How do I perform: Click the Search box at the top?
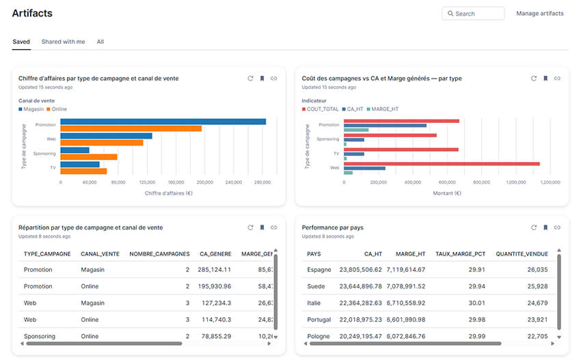coord(473,14)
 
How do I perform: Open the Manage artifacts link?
coord(539,14)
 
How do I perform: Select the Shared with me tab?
coord(63,42)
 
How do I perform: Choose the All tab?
coord(100,42)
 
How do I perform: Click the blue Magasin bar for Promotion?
coord(163,122)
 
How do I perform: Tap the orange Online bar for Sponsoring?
coord(89,157)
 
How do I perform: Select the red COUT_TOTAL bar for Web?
coord(442,164)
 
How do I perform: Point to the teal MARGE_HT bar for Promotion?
coord(356,130)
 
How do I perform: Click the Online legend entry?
coord(57,109)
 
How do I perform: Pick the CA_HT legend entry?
coord(353,109)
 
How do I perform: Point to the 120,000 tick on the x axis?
coord(147,182)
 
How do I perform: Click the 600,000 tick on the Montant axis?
coord(447,182)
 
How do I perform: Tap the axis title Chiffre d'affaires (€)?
coord(169,193)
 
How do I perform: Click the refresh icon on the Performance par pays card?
coord(534,227)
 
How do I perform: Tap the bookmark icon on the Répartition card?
coord(262,227)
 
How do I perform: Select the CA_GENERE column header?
coord(215,254)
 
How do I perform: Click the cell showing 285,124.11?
coord(214,270)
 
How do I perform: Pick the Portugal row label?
coord(319,320)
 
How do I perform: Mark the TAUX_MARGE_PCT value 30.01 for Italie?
coord(476,303)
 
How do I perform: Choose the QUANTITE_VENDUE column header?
coord(522,254)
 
